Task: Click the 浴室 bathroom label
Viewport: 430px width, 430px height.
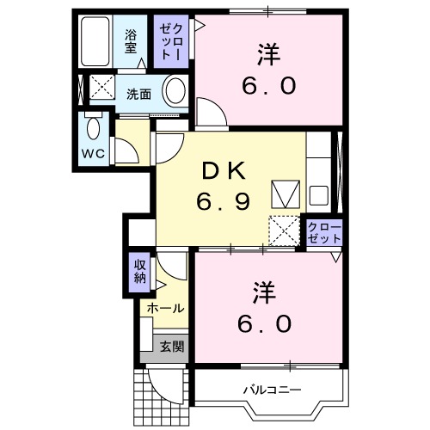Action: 131,40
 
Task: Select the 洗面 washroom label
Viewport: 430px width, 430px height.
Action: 138,94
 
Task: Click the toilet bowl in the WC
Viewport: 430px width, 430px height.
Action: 94,130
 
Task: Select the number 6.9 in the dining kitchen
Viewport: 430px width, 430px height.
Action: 221,203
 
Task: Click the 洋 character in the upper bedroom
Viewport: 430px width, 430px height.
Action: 267,55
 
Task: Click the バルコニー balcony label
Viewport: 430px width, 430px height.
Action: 272,390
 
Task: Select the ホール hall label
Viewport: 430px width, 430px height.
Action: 163,307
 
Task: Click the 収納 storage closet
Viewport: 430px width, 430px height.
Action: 140,273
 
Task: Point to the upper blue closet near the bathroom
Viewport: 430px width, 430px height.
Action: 168,42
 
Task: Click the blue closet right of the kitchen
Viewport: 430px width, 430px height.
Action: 325,232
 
